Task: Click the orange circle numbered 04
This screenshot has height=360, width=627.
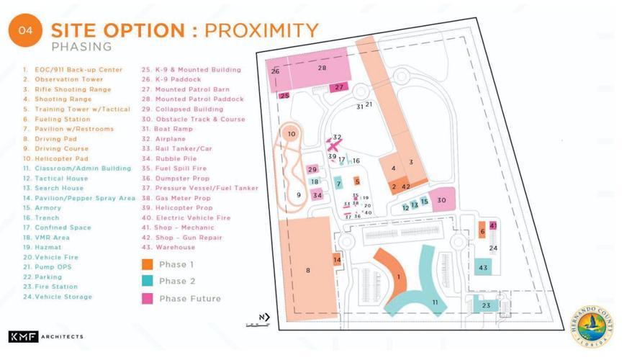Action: pyautogui.click(x=25, y=30)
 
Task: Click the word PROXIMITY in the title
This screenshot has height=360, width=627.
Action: pyautogui.click(x=262, y=30)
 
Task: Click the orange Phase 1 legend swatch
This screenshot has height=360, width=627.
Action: pyautogui.click(x=147, y=264)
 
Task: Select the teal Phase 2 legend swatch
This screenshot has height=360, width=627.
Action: pyautogui.click(x=147, y=281)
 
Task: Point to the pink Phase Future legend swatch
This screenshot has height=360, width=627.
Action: pyautogui.click(x=147, y=298)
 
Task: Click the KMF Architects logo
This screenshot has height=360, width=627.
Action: pyautogui.click(x=45, y=336)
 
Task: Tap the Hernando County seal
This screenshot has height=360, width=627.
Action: pyautogui.click(x=592, y=325)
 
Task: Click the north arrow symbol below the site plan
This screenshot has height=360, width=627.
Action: pyautogui.click(x=263, y=318)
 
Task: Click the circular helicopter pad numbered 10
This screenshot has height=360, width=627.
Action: pyautogui.click(x=291, y=134)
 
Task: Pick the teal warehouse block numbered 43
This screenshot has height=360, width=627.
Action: pyautogui.click(x=482, y=268)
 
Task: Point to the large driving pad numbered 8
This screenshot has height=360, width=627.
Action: pyautogui.click(x=308, y=270)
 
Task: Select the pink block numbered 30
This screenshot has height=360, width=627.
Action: pyautogui.click(x=442, y=200)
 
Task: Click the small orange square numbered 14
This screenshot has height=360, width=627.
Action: pyautogui.click(x=337, y=259)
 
